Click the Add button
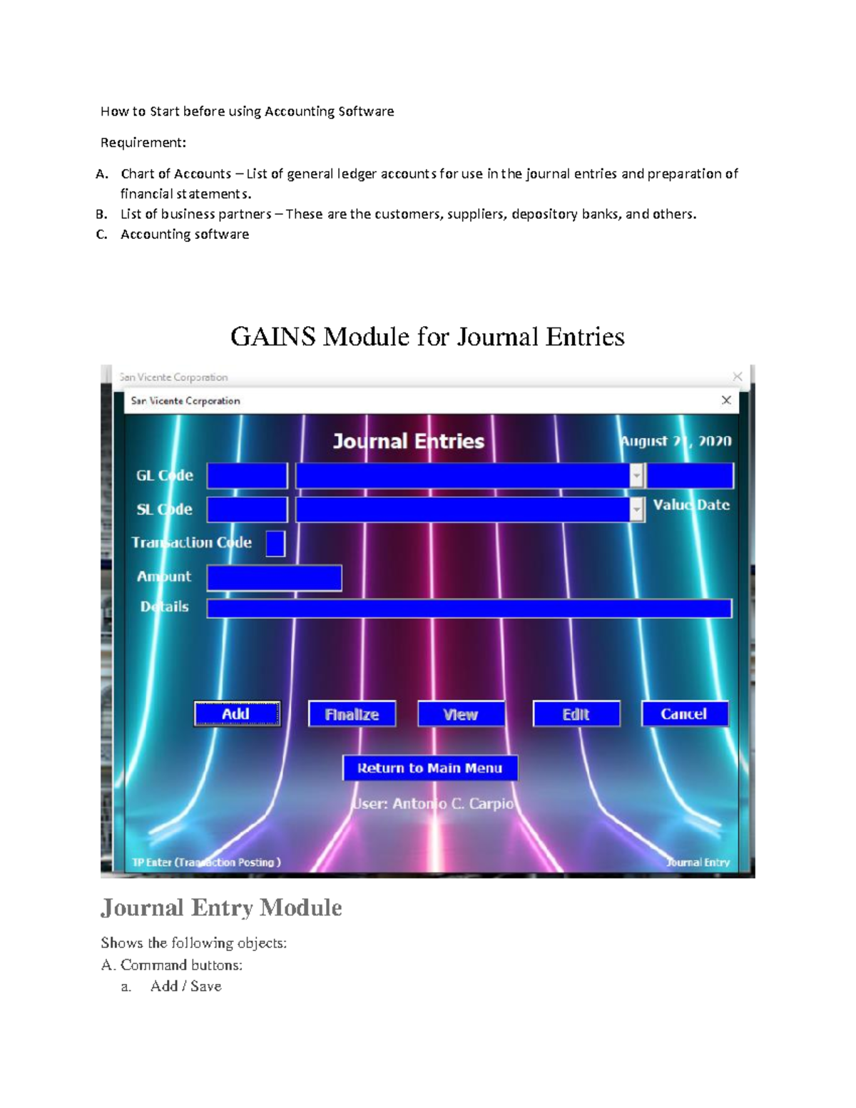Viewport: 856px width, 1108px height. click(237, 713)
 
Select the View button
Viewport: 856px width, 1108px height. click(461, 714)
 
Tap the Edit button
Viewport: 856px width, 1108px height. click(576, 714)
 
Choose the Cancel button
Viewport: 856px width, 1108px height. click(684, 713)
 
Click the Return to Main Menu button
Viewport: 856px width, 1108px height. click(430, 768)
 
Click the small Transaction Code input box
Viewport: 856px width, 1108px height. click(275, 544)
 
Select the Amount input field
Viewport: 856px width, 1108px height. click(274, 578)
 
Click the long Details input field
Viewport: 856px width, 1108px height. click(469, 608)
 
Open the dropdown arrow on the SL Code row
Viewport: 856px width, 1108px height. click(637, 509)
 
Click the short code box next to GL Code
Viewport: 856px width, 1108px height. click(247, 476)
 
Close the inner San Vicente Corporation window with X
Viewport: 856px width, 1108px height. click(726, 400)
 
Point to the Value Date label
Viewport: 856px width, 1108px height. click(691, 504)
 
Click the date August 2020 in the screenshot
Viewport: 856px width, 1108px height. click(675, 441)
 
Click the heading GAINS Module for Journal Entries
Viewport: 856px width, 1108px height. click(427, 336)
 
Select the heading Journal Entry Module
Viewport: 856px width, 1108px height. click(221, 908)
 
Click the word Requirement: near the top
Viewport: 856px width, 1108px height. click(143, 143)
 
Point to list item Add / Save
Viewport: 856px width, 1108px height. click(185, 986)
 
